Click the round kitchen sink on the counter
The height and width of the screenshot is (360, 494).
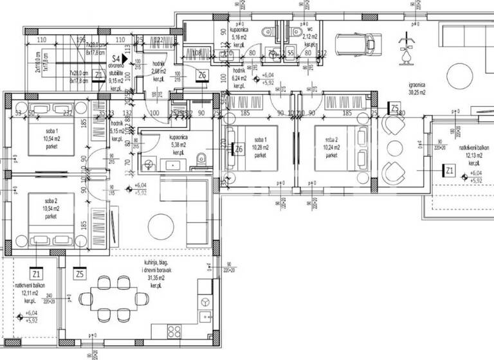pos(205,302)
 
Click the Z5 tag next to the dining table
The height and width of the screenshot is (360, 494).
pos(79,274)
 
